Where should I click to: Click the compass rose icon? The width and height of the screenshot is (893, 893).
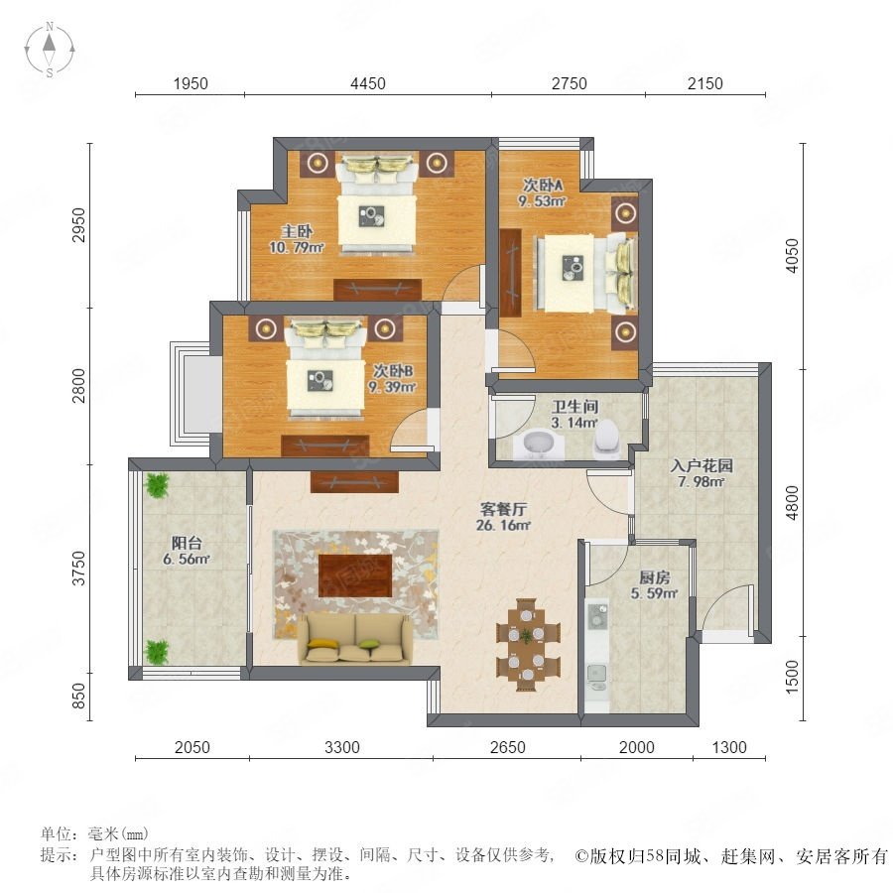50,50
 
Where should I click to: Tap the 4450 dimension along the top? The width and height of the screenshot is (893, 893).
368,83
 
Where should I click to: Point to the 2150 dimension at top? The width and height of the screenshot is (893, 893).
705,83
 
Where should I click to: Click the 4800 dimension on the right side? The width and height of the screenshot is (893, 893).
792,503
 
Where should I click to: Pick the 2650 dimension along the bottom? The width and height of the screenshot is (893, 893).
507,747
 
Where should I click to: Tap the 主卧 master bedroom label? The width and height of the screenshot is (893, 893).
297,231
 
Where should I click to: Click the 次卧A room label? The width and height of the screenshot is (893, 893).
543,186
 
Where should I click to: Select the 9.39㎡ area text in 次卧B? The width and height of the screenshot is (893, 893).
392,387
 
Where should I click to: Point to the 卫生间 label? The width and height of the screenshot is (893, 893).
575,407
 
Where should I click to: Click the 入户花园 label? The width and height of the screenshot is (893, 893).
702,466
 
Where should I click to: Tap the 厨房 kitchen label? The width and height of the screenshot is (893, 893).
655,577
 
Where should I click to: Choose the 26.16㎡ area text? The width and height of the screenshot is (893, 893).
503,525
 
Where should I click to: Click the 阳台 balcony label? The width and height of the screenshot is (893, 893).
187,544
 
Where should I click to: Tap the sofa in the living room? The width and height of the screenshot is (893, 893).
355,639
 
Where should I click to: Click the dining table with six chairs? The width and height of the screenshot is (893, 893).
528,645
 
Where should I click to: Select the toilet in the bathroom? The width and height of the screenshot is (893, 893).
606,439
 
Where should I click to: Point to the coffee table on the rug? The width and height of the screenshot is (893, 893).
355,575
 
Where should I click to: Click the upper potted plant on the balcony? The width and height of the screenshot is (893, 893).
156,486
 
